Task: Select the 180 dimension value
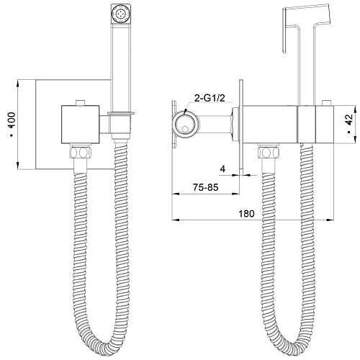tap(246, 213)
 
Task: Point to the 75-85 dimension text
tap(206, 187)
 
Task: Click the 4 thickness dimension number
tap(223, 169)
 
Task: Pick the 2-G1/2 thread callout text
tap(210, 98)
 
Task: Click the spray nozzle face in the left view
tap(122, 14)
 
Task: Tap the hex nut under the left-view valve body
tap(81, 153)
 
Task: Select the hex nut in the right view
tap(269, 152)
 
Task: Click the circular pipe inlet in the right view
tap(186, 125)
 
